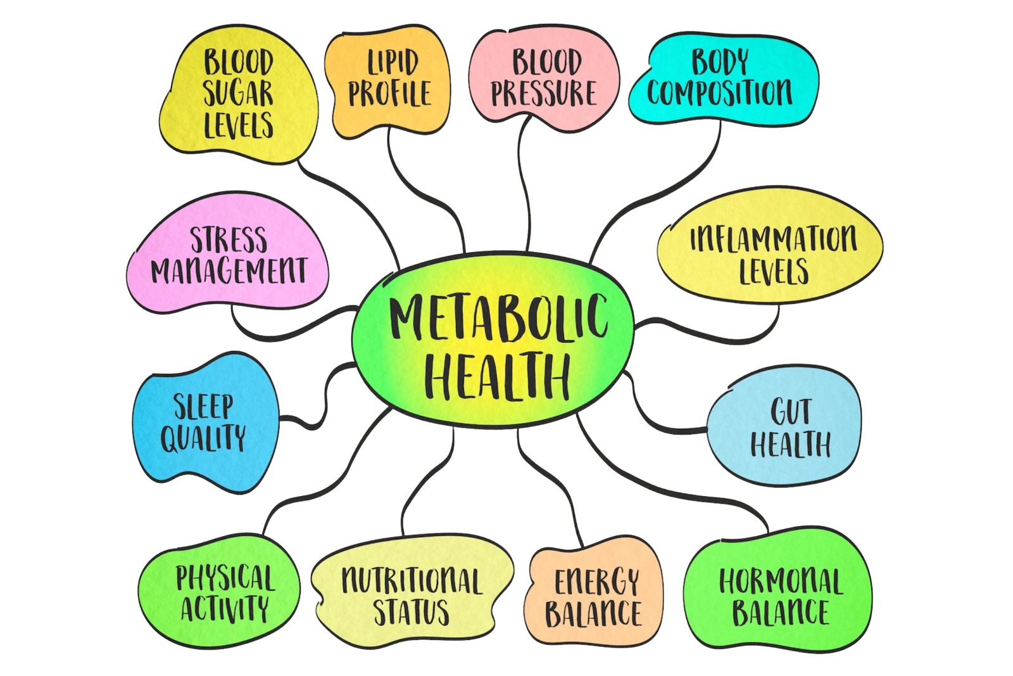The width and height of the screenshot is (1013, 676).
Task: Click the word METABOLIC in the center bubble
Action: (x=498, y=317)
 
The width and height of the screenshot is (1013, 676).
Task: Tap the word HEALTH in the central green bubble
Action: (x=496, y=376)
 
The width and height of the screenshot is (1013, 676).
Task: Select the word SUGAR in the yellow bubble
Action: (x=238, y=94)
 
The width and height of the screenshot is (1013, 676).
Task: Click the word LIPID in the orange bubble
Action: (x=393, y=62)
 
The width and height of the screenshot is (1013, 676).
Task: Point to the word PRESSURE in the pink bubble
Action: (x=544, y=93)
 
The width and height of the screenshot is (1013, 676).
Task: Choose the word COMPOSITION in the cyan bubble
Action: (x=719, y=92)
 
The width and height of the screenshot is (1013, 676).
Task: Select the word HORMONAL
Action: (x=781, y=582)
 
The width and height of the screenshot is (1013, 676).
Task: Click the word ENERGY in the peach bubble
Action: (x=596, y=582)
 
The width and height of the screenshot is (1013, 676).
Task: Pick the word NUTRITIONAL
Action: (x=412, y=580)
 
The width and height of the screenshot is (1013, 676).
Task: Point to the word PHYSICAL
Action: (x=225, y=578)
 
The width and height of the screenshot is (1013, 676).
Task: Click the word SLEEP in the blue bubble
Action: (x=203, y=407)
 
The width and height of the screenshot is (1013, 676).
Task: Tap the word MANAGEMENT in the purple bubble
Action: (x=229, y=271)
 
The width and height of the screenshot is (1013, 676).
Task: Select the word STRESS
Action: (x=229, y=239)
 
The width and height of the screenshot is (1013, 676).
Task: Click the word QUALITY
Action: (x=203, y=438)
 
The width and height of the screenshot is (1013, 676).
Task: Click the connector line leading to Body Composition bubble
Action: (x=661, y=194)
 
